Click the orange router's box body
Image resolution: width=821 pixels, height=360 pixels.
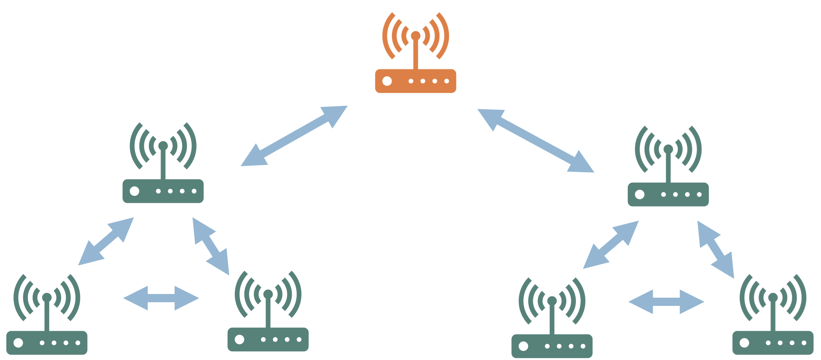415,86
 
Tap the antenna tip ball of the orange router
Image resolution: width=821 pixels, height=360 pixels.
415,35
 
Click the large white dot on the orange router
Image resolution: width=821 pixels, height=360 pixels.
387,81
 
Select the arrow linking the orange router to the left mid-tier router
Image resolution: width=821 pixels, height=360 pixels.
294,136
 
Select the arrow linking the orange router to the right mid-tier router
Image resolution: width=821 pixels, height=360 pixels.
536,140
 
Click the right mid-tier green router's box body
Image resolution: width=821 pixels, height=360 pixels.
668,200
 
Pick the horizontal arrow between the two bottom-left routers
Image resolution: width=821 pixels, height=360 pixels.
161,298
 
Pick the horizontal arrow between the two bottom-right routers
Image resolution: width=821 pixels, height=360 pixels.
666,301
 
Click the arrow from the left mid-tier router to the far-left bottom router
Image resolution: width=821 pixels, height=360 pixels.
106,241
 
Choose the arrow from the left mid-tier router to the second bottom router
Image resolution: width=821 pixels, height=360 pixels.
211,246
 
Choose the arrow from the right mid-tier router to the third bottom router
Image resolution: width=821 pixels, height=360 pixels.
611,245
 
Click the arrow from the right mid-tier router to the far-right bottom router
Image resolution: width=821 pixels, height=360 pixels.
715,249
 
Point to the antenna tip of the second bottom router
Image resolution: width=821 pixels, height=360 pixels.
268,294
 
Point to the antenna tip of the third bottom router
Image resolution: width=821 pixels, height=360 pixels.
552,300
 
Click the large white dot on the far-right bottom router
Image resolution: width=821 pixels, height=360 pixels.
744,343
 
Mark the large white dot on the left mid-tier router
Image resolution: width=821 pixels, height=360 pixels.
135,191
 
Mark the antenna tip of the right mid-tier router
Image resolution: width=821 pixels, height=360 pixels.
668,149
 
